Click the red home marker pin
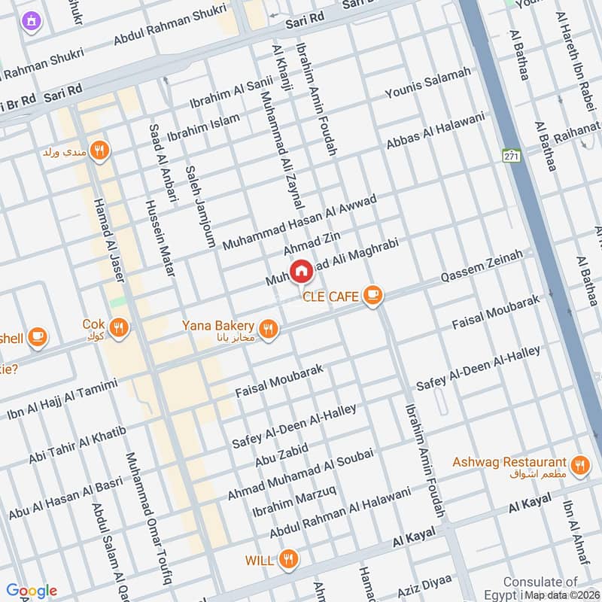(301, 271)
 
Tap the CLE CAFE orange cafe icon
(371, 296)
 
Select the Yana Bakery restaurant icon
(267, 328)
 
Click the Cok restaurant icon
(117, 327)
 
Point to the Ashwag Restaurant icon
(579, 464)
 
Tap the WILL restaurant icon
(287, 559)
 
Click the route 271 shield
(512, 156)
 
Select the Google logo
(32, 591)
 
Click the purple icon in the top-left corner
(30, 21)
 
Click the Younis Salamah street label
(427, 84)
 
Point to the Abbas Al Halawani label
(436, 131)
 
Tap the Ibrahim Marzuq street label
(293, 501)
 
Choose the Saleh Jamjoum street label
(200, 206)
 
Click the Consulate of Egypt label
(540, 582)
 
